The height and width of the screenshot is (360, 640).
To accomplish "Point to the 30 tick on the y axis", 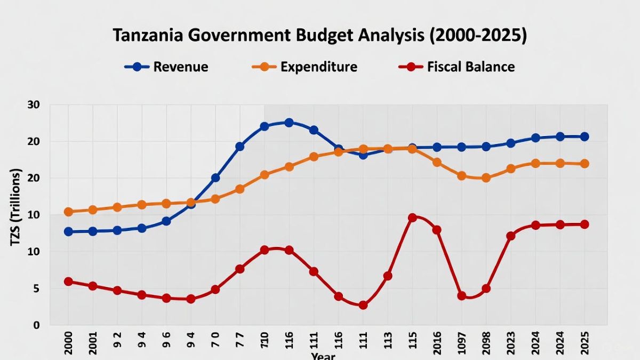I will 34,105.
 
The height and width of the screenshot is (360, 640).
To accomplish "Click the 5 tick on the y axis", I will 37,289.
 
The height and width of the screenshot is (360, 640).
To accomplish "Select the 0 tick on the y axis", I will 37,325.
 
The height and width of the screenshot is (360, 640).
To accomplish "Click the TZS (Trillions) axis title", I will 15,208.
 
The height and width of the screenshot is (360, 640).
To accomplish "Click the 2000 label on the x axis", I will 68,342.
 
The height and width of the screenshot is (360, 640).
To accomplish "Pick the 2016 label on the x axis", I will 436,342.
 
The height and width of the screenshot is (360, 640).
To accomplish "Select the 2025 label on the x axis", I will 584,342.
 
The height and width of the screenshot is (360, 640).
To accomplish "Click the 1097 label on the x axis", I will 461,342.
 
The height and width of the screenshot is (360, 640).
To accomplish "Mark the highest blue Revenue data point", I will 289,123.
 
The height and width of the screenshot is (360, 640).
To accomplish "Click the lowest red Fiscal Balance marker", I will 363,305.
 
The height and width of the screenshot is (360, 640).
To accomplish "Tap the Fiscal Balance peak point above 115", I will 412,218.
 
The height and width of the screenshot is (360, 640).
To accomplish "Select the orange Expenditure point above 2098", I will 486,178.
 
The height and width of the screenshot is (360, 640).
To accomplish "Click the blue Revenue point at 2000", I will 68,231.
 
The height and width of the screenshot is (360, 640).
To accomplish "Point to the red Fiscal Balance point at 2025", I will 585,225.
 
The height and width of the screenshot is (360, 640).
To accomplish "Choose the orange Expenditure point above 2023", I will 510,169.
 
